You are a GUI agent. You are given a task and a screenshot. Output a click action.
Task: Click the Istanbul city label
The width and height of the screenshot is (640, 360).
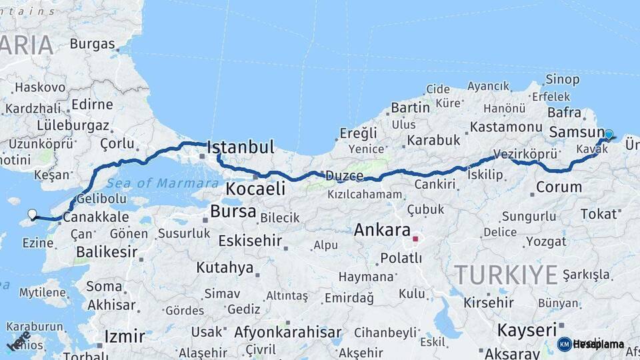[241, 147]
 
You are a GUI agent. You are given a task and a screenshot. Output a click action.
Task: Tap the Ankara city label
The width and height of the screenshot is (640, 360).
[382, 231]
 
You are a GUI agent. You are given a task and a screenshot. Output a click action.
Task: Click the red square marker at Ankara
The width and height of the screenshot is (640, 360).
[415, 238]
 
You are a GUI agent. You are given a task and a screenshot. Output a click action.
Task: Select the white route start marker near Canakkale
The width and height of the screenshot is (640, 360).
[32, 214]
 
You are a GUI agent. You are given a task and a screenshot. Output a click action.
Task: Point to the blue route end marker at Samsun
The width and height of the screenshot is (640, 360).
[608, 134]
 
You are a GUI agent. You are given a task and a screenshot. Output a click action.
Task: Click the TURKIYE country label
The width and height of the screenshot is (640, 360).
[505, 274]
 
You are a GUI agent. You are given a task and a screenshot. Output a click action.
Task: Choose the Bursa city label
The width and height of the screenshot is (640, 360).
[233, 212]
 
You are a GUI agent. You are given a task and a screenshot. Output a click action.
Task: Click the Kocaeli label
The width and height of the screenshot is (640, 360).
[255, 189]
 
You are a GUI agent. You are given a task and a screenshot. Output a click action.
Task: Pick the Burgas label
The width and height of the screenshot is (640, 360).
[92, 45]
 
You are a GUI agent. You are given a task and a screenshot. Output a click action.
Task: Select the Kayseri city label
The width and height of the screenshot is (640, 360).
[527, 329]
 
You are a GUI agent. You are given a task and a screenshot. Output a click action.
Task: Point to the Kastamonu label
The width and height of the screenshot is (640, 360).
[506, 127]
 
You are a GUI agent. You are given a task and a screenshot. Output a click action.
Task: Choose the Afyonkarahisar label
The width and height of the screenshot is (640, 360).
[286, 331]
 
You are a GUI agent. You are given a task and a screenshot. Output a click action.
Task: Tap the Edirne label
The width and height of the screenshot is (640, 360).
[92, 105]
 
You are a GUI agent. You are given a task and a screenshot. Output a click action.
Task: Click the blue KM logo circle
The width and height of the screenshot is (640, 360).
[564, 344]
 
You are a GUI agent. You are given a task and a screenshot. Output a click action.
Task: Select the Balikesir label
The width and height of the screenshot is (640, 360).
[107, 252]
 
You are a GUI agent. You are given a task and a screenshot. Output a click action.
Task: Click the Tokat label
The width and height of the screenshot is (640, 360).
[598, 213]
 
